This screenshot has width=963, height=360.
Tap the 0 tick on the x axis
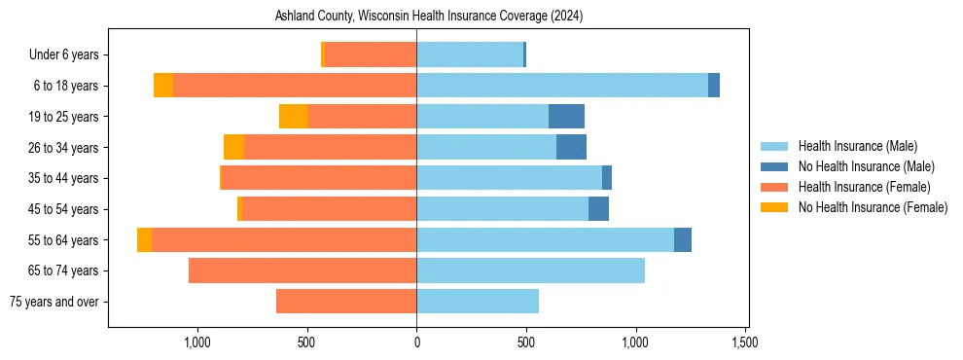click(416, 342)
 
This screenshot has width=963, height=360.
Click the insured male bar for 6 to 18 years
click(562, 86)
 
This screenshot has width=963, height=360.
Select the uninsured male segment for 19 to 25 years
click(566, 117)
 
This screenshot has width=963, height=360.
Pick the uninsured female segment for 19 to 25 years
click(294, 117)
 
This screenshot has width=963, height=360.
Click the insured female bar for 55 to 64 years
click(284, 240)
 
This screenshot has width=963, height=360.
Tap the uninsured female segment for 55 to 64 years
click(144, 240)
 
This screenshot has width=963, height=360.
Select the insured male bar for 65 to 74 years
click(530, 270)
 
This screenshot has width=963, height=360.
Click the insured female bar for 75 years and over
click(346, 302)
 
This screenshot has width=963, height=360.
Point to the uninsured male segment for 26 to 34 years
click(571, 148)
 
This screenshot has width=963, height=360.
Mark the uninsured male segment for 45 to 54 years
click(598, 209)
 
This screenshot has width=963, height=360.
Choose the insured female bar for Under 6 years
click(371, 55)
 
